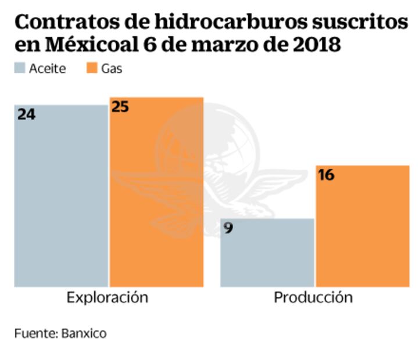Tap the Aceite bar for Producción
(x=267, y=253)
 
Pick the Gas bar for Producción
(x=363, y=226)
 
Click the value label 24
(x=26, y=114)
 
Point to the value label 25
(x=120, y=107)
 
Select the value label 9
(x=228, y=228)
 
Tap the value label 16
(x=326, y=175)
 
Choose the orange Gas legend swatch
(x=91, y=69)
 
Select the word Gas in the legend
(x=112, y=69)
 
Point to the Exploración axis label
(x=108, y=298)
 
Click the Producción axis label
(x=313, y=298)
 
